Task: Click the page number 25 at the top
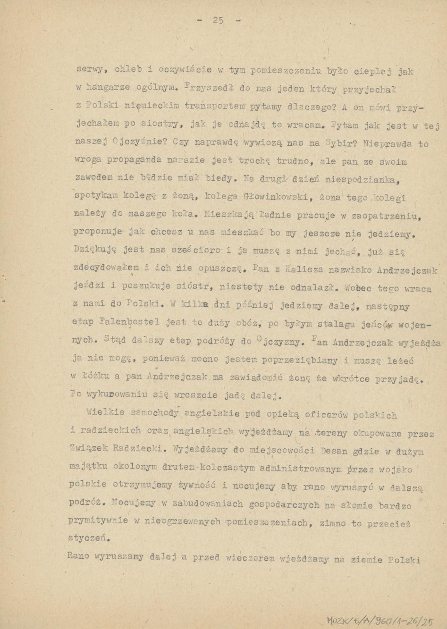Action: [218, 20]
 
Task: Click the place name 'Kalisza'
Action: [301, 269]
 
